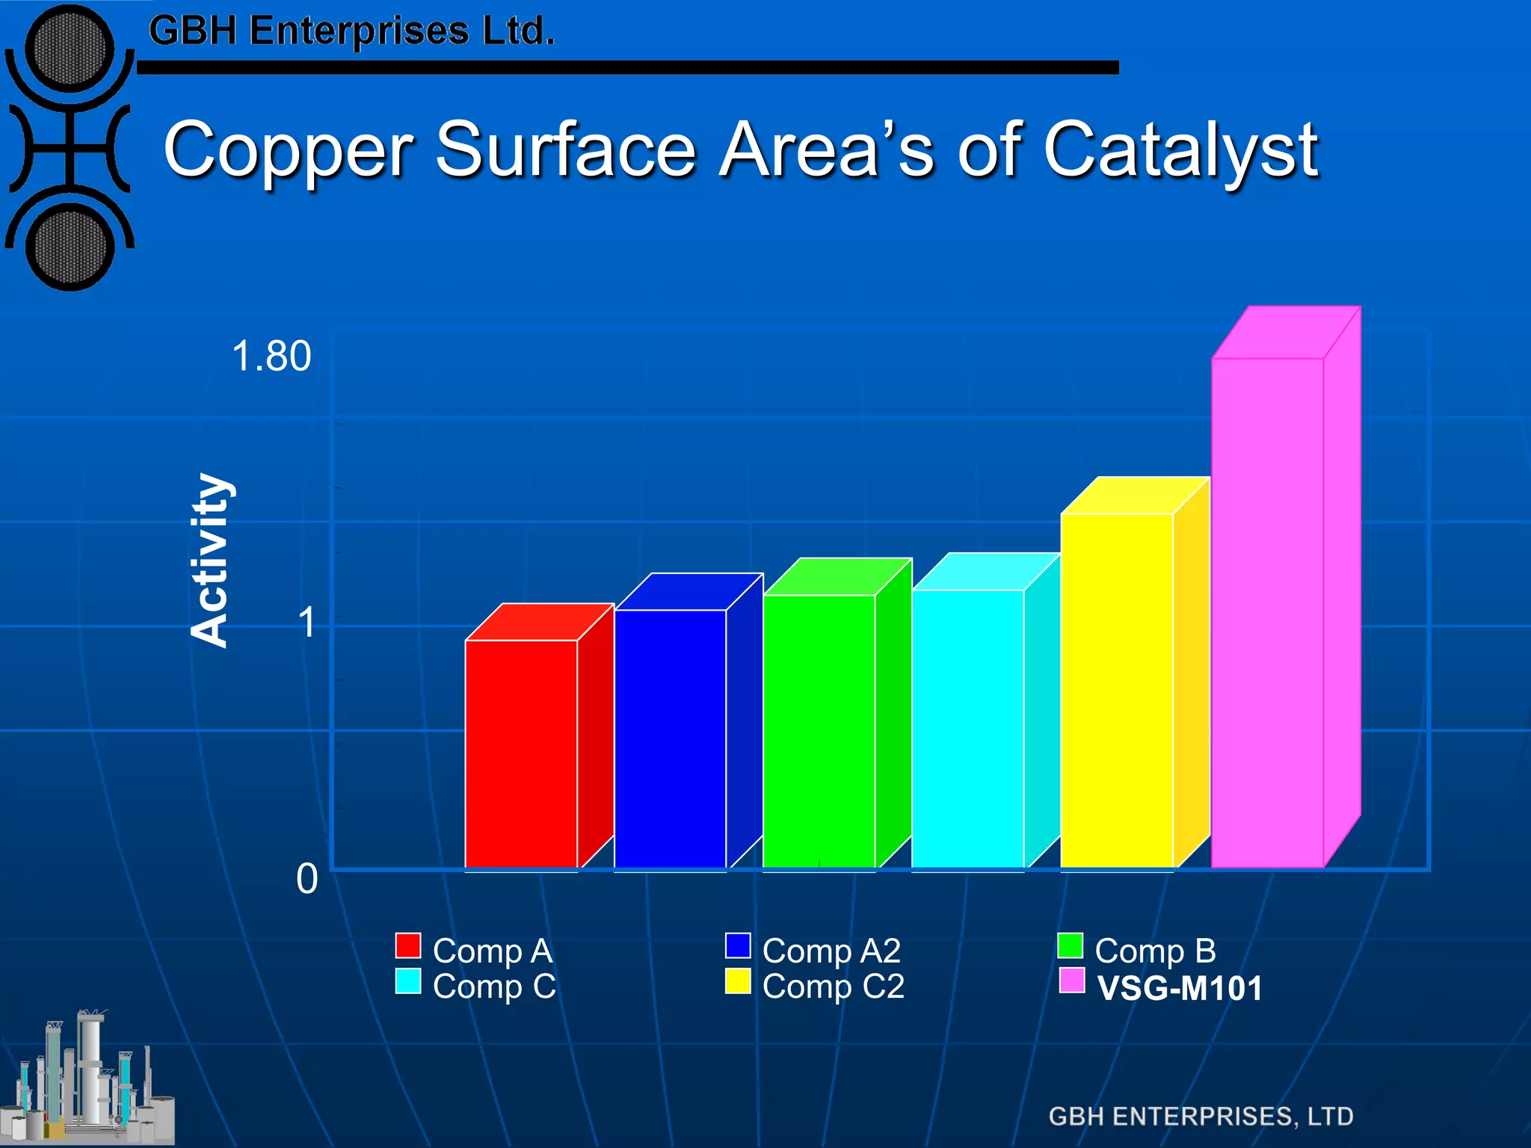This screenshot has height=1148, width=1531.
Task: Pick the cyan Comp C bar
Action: [967, 729]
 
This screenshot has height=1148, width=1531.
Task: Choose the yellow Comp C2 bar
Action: [1117, 691]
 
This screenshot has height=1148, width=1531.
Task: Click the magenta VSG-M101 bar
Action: [1267, 613]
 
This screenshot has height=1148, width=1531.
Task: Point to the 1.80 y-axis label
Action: [271, 356]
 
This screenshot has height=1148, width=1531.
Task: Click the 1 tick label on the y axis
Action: [306, 622]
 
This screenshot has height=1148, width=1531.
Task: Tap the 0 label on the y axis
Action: [306, 879]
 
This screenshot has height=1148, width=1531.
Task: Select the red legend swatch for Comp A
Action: [408, 945]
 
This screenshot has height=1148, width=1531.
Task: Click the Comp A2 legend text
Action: [831, 951]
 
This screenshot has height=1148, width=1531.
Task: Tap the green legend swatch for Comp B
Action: [1071, 945]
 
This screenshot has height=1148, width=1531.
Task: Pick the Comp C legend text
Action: [494, 987]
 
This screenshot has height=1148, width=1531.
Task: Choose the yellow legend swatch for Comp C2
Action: [738, 981]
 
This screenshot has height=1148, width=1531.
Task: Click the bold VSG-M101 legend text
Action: [1180, 988]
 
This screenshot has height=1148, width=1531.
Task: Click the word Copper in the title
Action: [288, 151]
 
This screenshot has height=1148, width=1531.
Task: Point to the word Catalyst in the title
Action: [1180, 151]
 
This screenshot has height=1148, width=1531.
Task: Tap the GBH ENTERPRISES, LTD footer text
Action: [1201, 1117]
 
